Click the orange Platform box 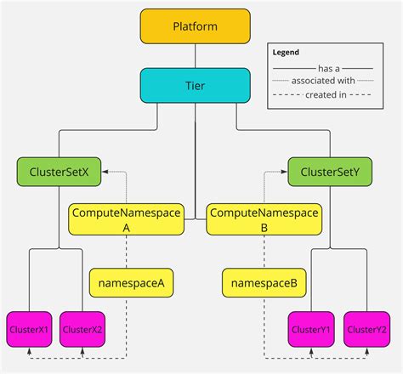196,26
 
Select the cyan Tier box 196,85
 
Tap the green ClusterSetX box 59,172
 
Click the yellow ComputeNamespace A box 126,220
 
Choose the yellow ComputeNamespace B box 264,220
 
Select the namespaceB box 264,283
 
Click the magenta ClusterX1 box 29,329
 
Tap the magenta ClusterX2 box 83,329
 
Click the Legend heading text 286,52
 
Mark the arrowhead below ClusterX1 29,351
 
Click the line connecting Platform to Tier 196,56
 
